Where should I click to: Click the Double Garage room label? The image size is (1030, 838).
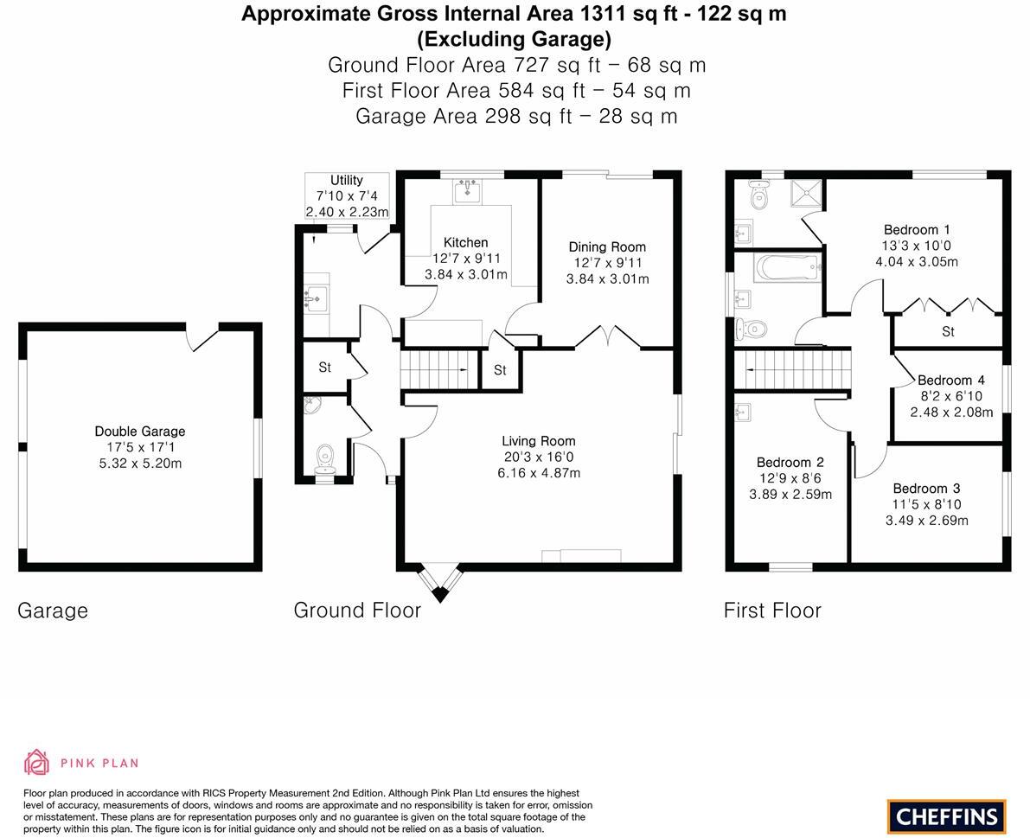139,431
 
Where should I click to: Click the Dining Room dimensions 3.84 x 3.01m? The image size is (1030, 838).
607,279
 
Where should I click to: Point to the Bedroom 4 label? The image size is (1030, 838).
950,380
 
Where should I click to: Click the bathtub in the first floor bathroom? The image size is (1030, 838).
787,267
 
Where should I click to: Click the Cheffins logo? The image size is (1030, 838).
946,816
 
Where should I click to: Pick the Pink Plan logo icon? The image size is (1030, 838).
36,762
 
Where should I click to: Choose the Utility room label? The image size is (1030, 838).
346,180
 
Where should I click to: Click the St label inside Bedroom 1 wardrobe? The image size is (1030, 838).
948,331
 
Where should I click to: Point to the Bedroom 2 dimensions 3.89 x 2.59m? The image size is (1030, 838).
790,495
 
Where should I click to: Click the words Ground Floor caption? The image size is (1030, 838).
357,610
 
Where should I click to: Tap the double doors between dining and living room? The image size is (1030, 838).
608,338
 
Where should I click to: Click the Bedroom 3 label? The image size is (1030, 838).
926,488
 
